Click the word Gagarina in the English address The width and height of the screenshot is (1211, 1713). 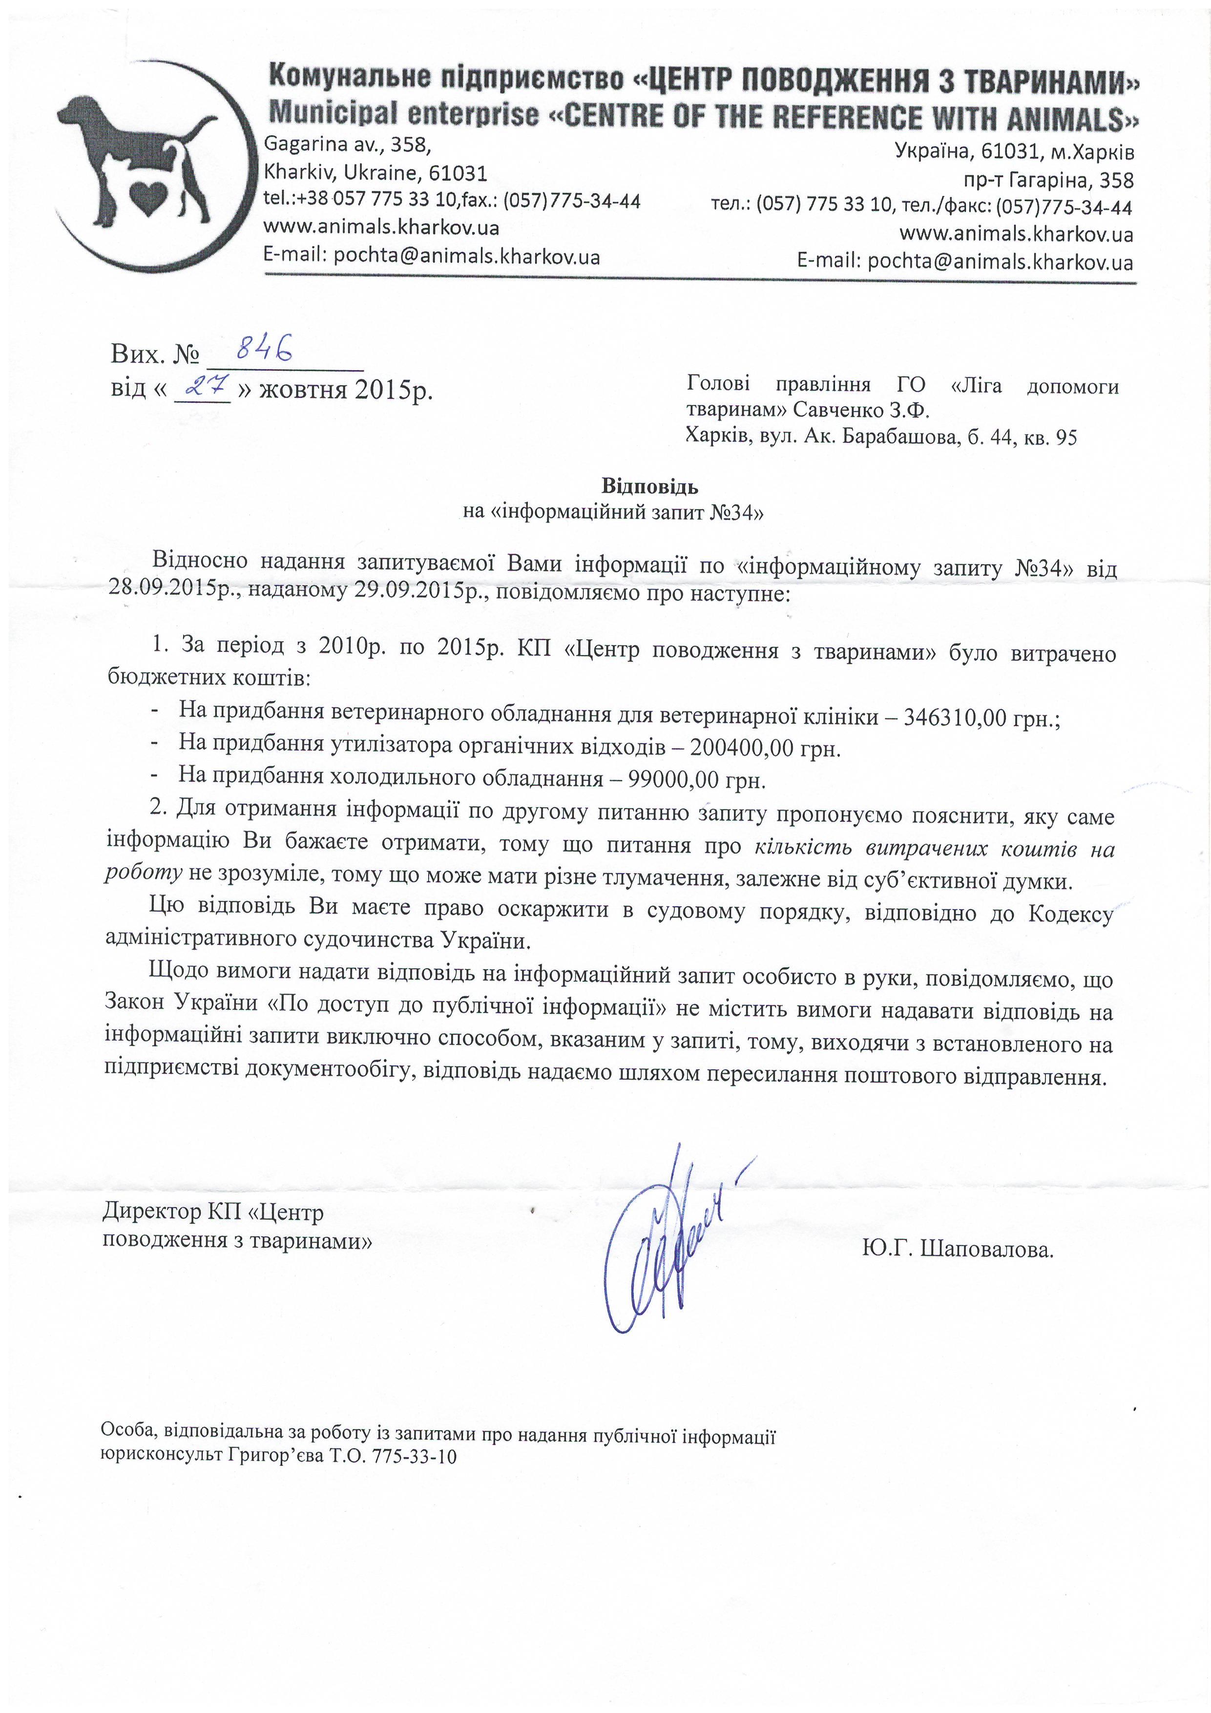[x=301, y=144]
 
